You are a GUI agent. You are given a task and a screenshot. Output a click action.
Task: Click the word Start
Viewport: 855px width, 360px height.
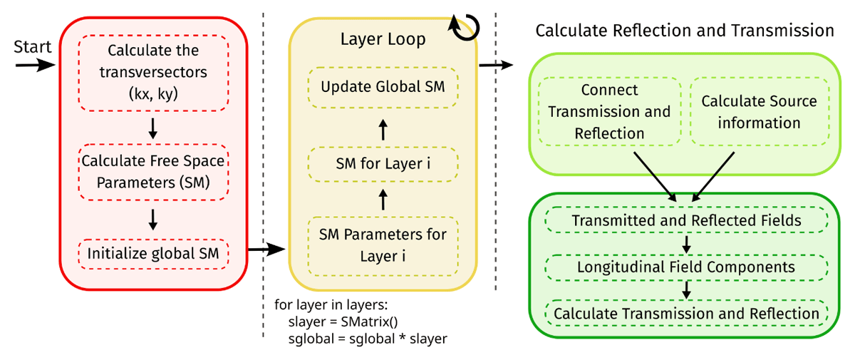33,47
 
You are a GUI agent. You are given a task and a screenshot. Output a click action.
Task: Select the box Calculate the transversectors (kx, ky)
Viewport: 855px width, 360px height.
154,72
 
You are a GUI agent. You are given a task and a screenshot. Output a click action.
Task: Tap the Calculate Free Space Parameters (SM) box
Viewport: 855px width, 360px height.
154,172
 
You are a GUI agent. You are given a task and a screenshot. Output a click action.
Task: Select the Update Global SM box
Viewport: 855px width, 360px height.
383,88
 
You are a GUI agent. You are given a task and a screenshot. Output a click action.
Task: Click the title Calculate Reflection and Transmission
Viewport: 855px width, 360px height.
684,31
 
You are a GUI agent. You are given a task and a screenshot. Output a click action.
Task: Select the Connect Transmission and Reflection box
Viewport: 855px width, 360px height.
608,112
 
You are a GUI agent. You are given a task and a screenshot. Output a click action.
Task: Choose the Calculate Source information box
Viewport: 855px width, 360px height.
759,112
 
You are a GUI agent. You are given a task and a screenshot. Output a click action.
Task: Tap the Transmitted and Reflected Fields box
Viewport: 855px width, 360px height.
686,221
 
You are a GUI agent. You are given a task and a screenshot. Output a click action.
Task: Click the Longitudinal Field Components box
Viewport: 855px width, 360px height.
686,267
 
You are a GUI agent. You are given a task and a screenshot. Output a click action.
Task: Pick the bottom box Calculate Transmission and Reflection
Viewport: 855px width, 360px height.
686,314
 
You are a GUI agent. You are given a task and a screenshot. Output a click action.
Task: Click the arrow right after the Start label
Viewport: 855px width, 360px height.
34,65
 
